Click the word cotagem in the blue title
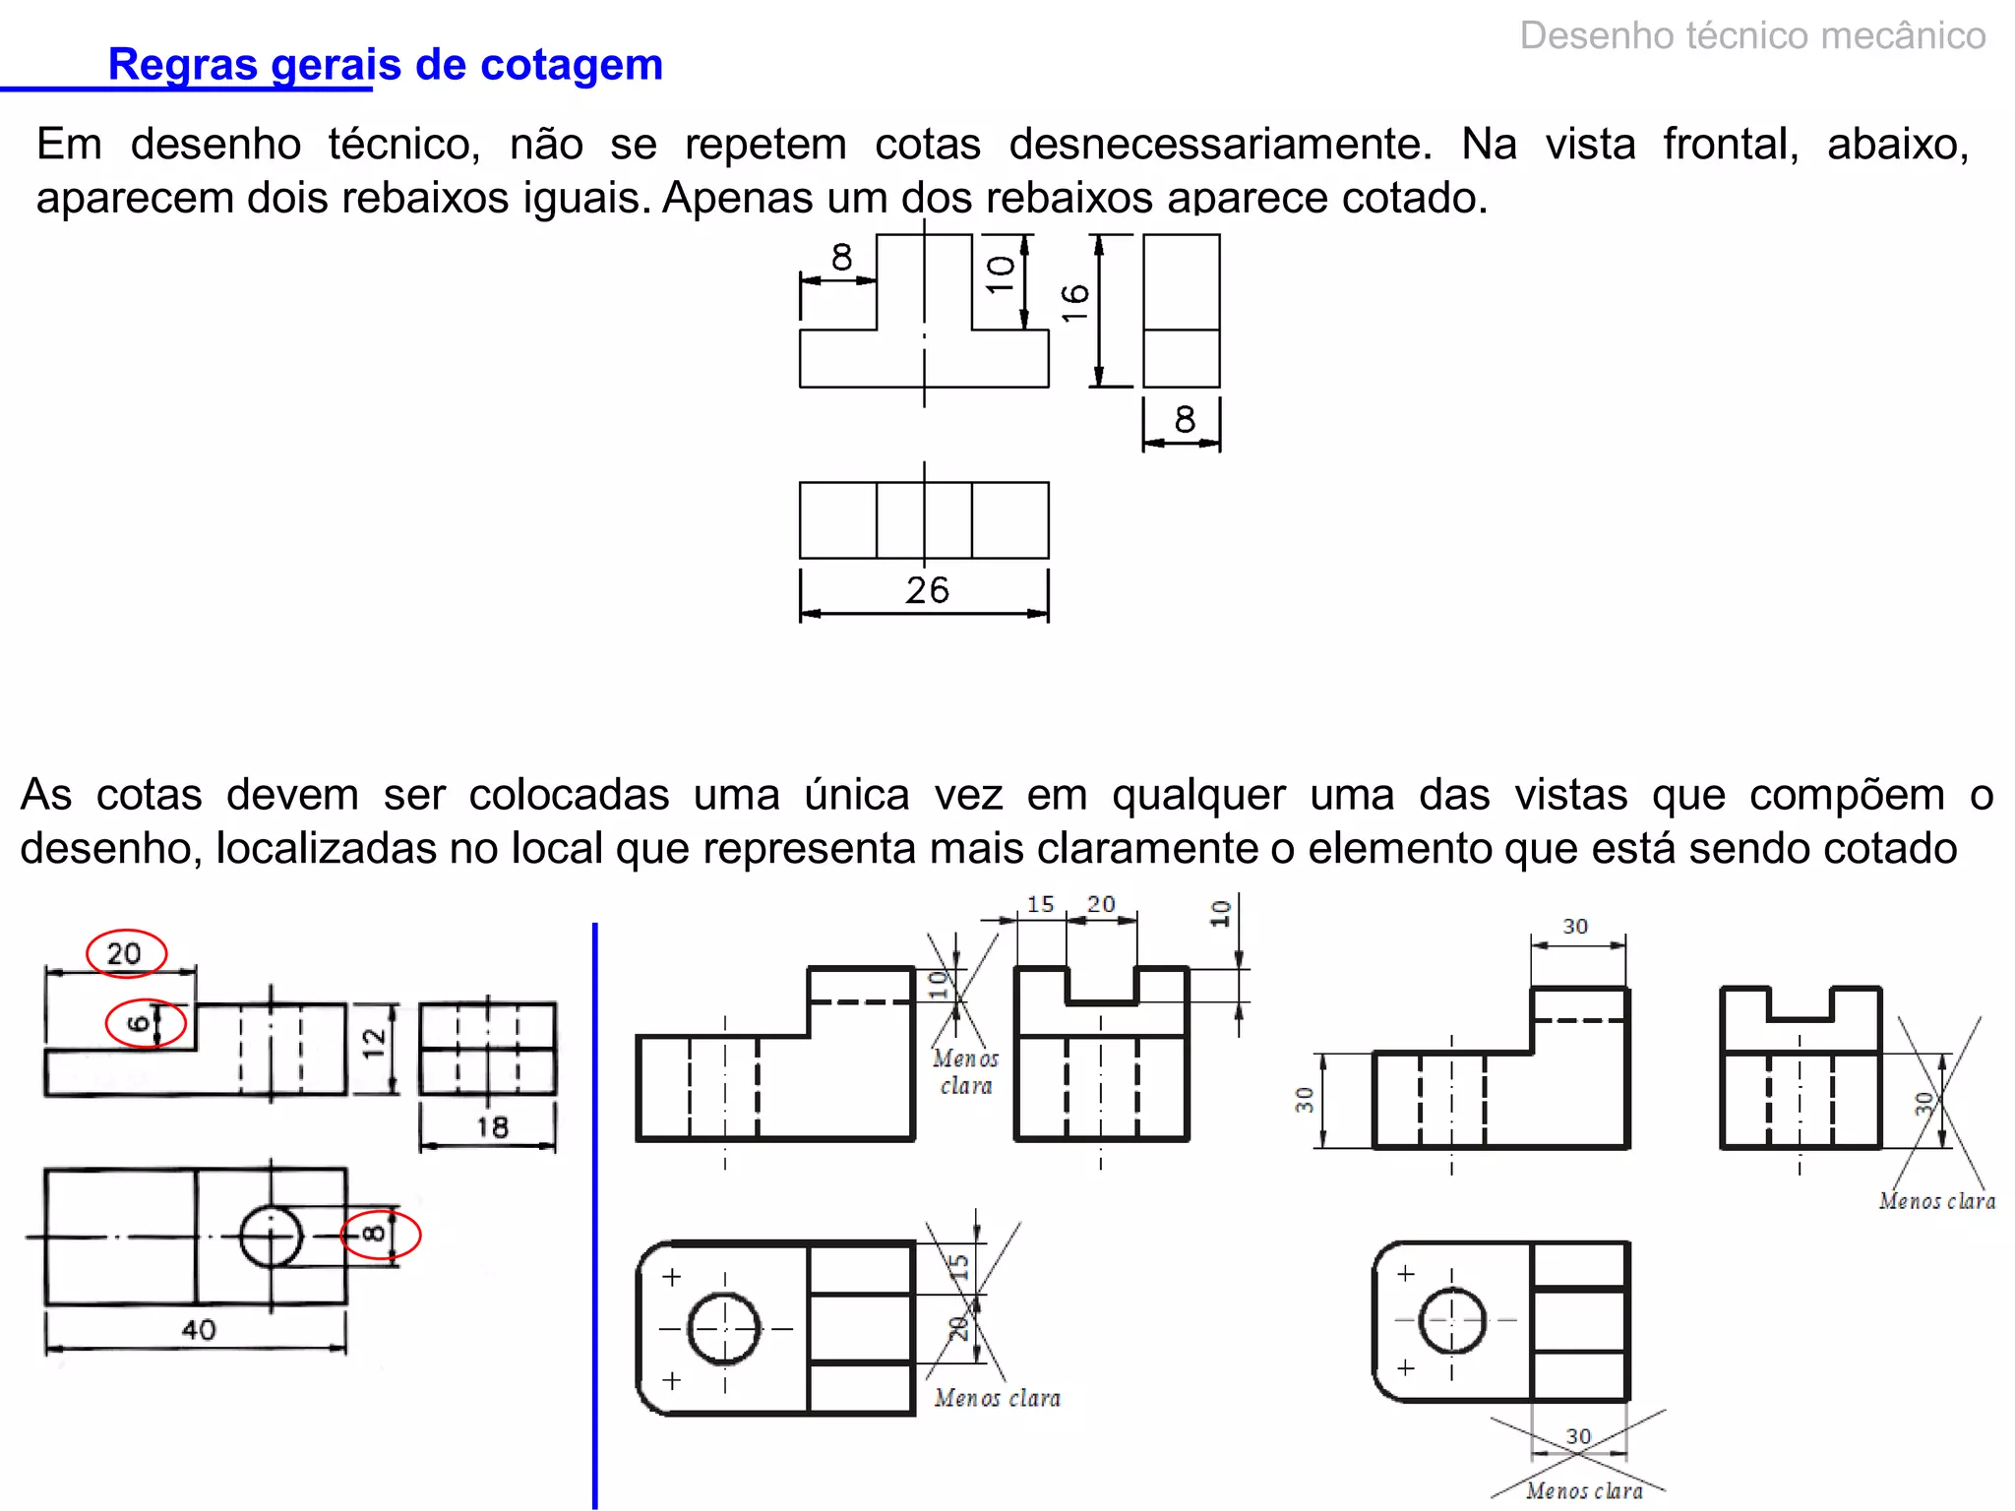572,66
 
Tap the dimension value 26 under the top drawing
927,590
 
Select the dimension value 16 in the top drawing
1075,303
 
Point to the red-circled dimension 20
125,953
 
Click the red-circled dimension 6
141,1023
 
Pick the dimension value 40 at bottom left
199,1330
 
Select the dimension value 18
492,1127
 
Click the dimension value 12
374,1044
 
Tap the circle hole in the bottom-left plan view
271,1236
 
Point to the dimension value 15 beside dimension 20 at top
1040,904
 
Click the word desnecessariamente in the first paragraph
1220,145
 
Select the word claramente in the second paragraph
1148,849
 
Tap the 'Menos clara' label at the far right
1936,1201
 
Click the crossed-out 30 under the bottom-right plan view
1578,1436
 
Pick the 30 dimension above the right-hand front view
1575,927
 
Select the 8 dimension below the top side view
1185,420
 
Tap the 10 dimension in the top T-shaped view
1001,274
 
